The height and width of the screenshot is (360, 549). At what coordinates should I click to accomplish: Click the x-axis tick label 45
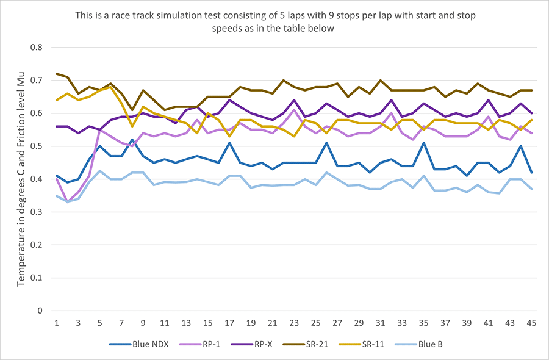point(531,322)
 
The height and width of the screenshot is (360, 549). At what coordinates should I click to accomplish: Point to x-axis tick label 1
point(57,322)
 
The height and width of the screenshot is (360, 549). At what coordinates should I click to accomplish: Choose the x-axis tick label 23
point(294,322)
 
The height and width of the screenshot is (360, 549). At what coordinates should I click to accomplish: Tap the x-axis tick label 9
point(143,322)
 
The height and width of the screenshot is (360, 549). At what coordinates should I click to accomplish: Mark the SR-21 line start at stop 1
point(57,74)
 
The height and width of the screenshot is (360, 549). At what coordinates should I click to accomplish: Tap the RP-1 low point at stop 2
point(68,202)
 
